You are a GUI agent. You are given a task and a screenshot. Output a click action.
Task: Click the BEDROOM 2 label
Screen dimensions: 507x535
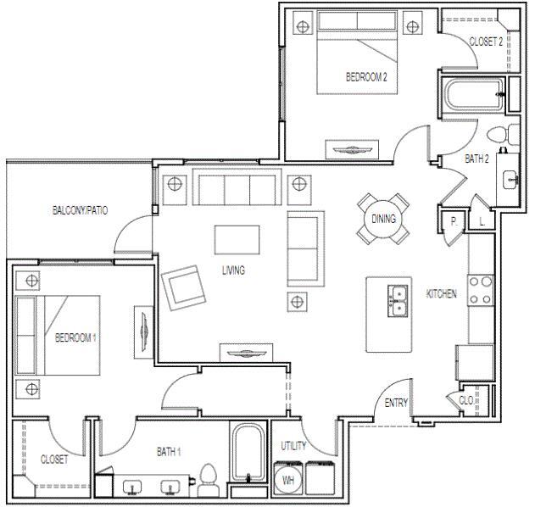pyautogui.click(x=366, y=76)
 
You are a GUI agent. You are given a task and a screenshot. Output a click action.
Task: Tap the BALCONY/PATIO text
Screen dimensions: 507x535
pyautogui.click(x=80, y=209)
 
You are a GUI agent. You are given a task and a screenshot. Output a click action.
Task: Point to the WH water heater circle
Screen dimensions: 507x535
pyautogui.click(x=290, y=480)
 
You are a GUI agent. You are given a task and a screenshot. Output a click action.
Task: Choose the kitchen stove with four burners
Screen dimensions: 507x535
pyautogui.click(x=481, y=291)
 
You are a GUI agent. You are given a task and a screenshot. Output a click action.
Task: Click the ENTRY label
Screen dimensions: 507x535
pyautogui.click(x=396, y=404)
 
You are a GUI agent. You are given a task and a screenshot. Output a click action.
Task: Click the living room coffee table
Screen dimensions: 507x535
pyautogui.click(x=237, y=239)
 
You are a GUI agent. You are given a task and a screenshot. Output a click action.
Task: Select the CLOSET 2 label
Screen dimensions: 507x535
pyautogui.click(x=486, y=41)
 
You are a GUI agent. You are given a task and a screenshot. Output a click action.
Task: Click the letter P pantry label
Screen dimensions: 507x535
pyautogui.click(x=454, y=221)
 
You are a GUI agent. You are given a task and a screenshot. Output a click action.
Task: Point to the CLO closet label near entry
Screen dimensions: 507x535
pyautogui.click(x=465, y=399)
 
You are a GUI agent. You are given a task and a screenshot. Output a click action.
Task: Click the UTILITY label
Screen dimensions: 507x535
pyautogui.click(x=294, y=445)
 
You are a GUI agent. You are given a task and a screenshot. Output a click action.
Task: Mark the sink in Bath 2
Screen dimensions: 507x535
pyautogui.click(x=510, y=179)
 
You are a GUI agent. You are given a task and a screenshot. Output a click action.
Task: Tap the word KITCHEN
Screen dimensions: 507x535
pyautogui.click(x=441, y=294)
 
